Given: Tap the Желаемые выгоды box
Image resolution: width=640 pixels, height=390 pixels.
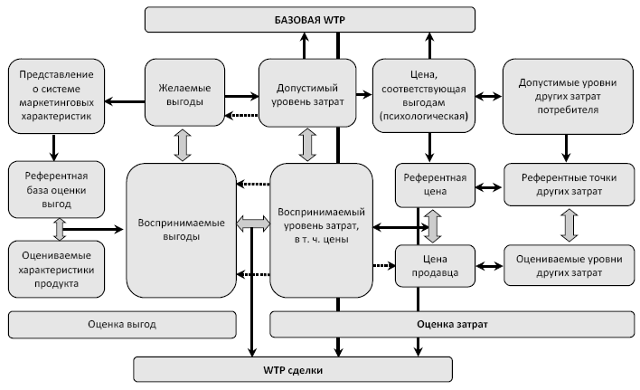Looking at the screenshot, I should tap(184, 96).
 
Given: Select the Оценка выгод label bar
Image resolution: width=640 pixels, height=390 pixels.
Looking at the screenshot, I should tap(122, 323).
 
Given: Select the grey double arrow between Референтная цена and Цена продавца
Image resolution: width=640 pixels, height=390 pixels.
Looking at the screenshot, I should tap(434, 224).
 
